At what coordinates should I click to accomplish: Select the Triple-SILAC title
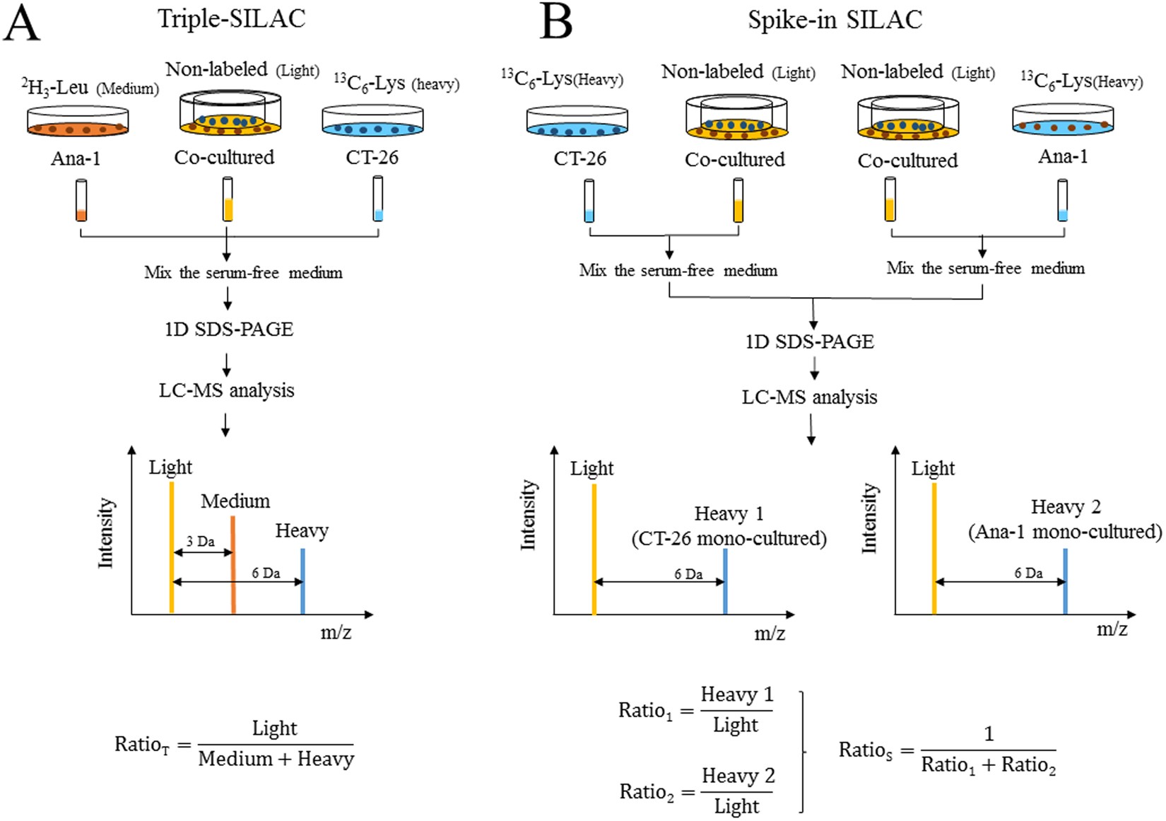231,18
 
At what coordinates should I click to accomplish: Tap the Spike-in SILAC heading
835,20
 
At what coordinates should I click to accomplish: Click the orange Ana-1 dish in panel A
78,122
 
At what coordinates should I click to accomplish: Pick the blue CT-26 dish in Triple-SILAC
372,122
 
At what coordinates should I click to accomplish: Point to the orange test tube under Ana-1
81,201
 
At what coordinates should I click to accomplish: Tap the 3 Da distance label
201,542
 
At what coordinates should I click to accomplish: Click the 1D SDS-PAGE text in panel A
228,330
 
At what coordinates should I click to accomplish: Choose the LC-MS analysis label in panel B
809,397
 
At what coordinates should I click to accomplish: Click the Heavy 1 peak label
729,513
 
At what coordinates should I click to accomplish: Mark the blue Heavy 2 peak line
1065,581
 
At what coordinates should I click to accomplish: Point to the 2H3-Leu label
55,88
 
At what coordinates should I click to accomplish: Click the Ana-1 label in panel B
1062,157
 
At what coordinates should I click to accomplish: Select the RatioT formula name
142,745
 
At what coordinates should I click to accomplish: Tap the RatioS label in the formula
866,750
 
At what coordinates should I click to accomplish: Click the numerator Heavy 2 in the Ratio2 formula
738,776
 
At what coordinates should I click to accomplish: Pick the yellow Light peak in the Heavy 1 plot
594,549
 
